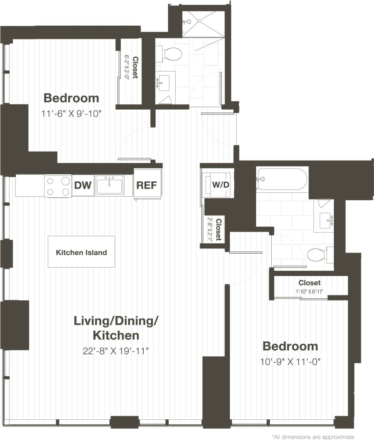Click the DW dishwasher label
pos(83,185)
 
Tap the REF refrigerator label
pos(146,185)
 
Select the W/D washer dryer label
pos(221,185)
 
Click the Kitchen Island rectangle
pos(81,252)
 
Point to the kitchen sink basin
pos(109,185)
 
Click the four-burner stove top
pos(58,186)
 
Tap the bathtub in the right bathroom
pos(282,179)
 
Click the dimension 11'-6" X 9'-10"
pos(71,114)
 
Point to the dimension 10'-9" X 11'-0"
pos(290,362)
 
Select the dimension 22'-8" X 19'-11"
pos(115,351)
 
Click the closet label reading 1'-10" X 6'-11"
pos(309,292)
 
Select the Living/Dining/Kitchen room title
pos(116,328)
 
